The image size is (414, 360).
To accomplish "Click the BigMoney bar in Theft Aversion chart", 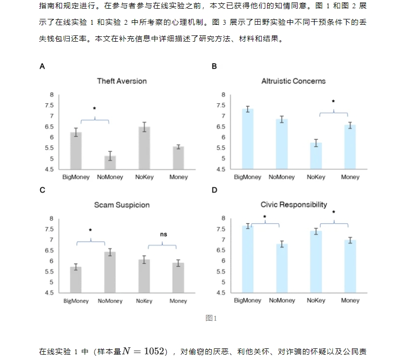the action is pos(76,151).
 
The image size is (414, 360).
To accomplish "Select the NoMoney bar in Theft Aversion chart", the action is pos(110,163).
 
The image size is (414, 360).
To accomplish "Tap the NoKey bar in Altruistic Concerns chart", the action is pos(316,156).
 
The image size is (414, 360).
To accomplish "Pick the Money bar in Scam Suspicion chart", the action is pos(178,278).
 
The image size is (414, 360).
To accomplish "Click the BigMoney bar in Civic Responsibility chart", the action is pos(248,259).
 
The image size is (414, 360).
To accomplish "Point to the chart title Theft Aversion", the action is pos(122,81).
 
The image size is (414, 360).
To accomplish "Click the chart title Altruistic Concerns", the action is pos(293,81).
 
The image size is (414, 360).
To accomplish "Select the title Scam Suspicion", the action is pos(122,205).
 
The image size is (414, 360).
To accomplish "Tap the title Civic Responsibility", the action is pos(294,205).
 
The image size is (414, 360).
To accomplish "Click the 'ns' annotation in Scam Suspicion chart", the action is pos(163,234).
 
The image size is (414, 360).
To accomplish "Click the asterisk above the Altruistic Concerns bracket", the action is pos(334,101).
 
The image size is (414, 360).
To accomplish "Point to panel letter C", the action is pos(42,190).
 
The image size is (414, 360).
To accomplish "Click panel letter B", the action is pos(214,66).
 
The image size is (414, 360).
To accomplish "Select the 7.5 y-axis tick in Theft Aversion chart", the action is pos(49,105).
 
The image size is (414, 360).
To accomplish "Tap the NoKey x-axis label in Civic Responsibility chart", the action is pos(316,300).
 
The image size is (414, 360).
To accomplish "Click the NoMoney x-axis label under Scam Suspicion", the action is pos(110,301).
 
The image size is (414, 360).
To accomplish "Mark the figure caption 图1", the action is pos(211,318).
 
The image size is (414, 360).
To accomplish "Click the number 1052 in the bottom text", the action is pos(154,351).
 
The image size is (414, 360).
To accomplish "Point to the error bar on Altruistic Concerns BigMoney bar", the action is pos(248,109).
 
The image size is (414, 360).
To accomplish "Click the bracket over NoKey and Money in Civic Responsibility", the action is pos(334,224).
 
